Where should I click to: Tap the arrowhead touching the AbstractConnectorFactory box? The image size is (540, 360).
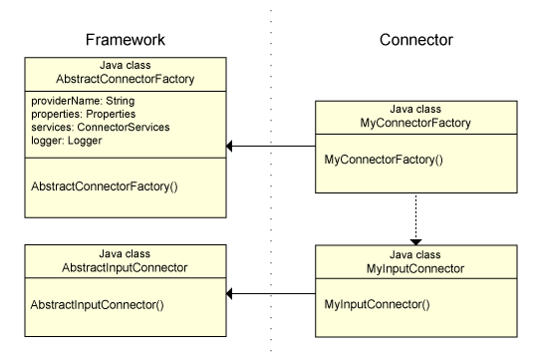(x=231, y=147)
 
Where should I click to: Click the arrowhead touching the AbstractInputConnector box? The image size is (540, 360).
(x=231, y=294)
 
